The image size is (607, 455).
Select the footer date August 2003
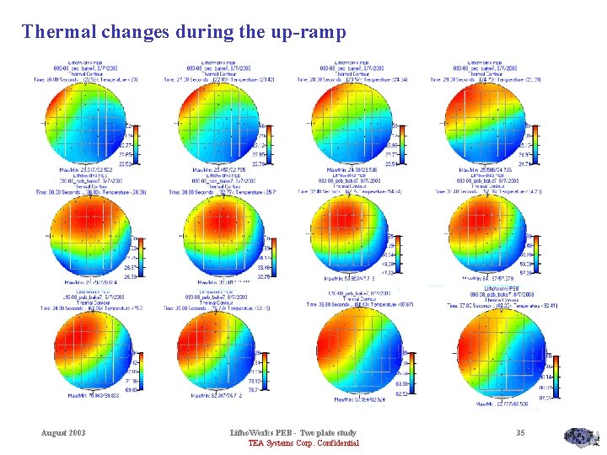click(64, 433)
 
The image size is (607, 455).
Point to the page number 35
click(520, 433)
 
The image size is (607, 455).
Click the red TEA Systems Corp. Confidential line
click(303, 443)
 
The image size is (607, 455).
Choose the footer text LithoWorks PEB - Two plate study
click(293, 433)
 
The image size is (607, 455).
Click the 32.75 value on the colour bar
click(264, 276)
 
